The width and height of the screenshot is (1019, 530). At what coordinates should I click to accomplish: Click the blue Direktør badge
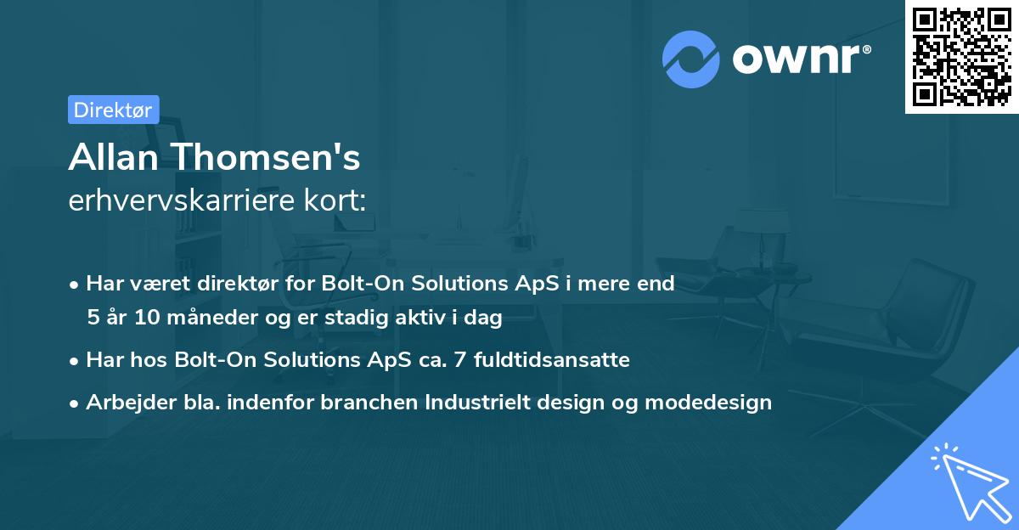click(x=114, y=110)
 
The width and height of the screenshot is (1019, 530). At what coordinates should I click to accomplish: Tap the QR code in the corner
click(x=961, y=57)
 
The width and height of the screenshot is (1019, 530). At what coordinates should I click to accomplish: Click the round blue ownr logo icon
click(x=690, y=59)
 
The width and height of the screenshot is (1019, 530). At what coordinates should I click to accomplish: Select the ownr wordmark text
click(x=797, y=59)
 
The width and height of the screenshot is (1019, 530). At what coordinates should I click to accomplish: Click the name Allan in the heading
click(x=113, y=157)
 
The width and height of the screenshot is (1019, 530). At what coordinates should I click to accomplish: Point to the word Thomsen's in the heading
click(x=267, y=157)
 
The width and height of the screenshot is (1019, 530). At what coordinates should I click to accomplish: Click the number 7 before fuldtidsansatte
click(x=460, y=360)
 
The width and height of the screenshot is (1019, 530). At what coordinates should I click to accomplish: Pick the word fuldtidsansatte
click(x=552, y=360)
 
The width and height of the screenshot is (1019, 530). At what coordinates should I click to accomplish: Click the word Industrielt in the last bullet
click(x=477, y=402)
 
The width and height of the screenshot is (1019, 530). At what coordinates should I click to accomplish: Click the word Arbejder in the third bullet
click(x=131, y=403)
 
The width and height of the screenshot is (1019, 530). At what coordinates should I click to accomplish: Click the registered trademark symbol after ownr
click(x=866, y=49)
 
